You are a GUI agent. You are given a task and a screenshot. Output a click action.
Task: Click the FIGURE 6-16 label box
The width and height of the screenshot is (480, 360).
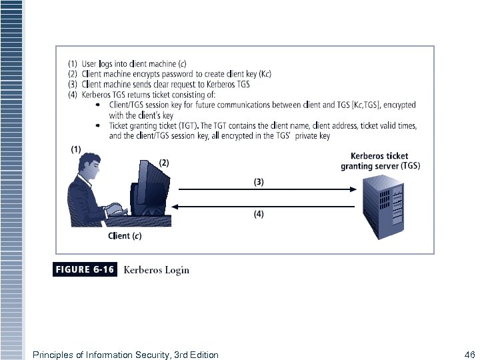tap(84, 270)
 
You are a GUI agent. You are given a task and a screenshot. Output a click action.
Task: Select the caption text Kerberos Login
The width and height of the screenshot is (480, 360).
tap(157, 270)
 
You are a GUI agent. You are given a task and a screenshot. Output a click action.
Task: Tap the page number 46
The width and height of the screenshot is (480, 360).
tap(469, 355)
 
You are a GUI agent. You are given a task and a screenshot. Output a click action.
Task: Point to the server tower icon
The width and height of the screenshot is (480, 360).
tap(383, 207)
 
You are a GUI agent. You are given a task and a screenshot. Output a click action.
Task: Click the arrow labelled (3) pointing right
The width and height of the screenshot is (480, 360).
tap(263, 189)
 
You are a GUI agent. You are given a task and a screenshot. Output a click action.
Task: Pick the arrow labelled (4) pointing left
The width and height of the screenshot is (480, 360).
tap(263, 206)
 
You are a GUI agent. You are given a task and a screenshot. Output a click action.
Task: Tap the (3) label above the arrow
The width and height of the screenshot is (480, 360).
tap(259, 181)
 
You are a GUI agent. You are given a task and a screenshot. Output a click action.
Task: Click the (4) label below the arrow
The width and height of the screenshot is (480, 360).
tap(259, 214)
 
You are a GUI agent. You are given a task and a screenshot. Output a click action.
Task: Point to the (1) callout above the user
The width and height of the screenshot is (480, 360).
tap(77, 149)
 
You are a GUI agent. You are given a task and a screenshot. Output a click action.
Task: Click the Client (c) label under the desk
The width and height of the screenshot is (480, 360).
tap(125, 235)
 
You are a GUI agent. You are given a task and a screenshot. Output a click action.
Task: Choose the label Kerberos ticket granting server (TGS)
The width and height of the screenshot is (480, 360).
tap(380, 161)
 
